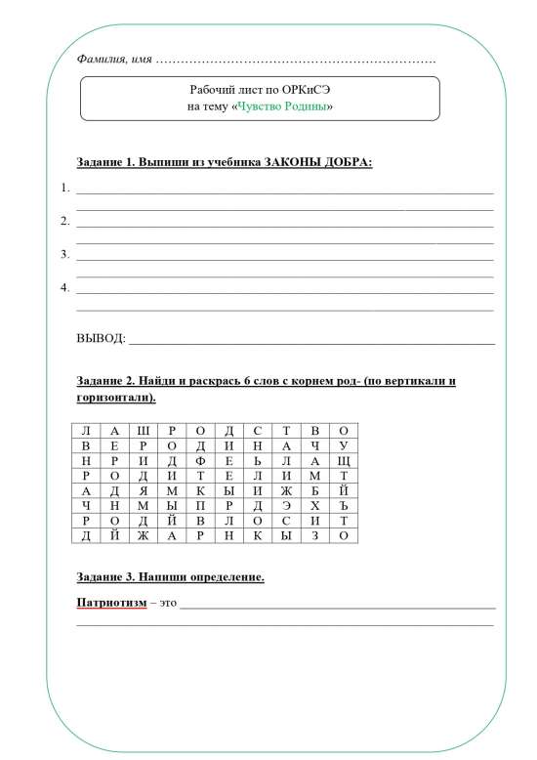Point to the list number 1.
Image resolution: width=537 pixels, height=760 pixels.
(x=64, y=188)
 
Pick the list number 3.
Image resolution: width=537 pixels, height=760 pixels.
(x=64, y=255)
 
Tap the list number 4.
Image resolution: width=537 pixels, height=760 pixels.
(x=64, y=288)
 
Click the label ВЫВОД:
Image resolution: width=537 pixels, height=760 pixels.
(x=101, y=339)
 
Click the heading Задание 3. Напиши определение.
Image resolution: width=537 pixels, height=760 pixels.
(x=170, y=577)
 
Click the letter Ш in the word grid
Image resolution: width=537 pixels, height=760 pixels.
(x=144, y=431)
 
